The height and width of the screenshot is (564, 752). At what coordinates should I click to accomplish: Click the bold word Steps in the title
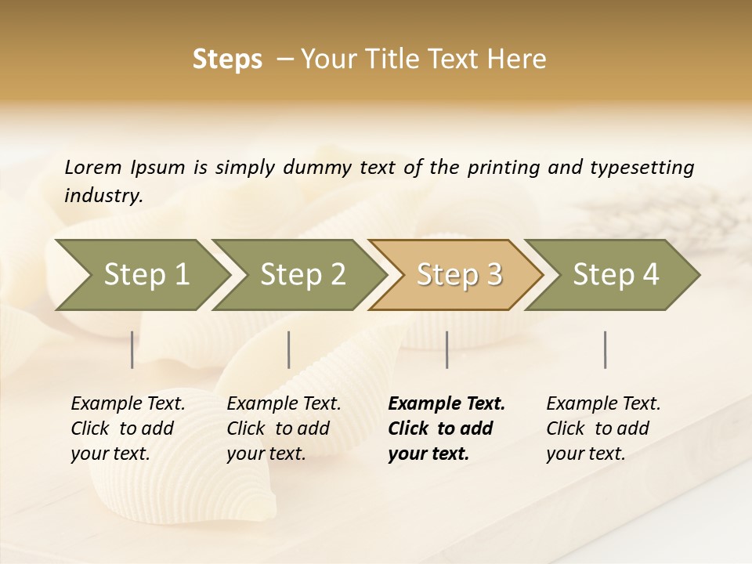(x=227, y=60)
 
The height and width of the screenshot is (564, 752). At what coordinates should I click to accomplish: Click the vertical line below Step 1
(x=132, y=349)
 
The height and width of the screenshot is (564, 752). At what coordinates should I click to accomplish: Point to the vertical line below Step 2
(x=289, y=349)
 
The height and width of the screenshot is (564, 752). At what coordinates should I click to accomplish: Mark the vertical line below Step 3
(x=446, y=349)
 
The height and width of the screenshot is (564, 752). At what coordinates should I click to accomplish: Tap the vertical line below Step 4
(x=605, y=349)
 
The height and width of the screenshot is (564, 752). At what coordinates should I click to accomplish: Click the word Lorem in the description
(x=93, y=167)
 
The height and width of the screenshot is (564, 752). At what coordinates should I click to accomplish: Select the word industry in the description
(x=103, y=195)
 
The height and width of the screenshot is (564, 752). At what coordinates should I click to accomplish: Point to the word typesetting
(x=642, y=167)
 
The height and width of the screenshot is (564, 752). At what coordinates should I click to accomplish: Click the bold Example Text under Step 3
(x=446, y=403)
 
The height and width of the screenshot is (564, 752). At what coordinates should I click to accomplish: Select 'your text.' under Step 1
(x=110, y=454)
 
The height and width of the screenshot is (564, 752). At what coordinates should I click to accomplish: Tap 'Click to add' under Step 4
(x=598, y=428)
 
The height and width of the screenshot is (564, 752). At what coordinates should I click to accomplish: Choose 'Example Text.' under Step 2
(x=284, y=403)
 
